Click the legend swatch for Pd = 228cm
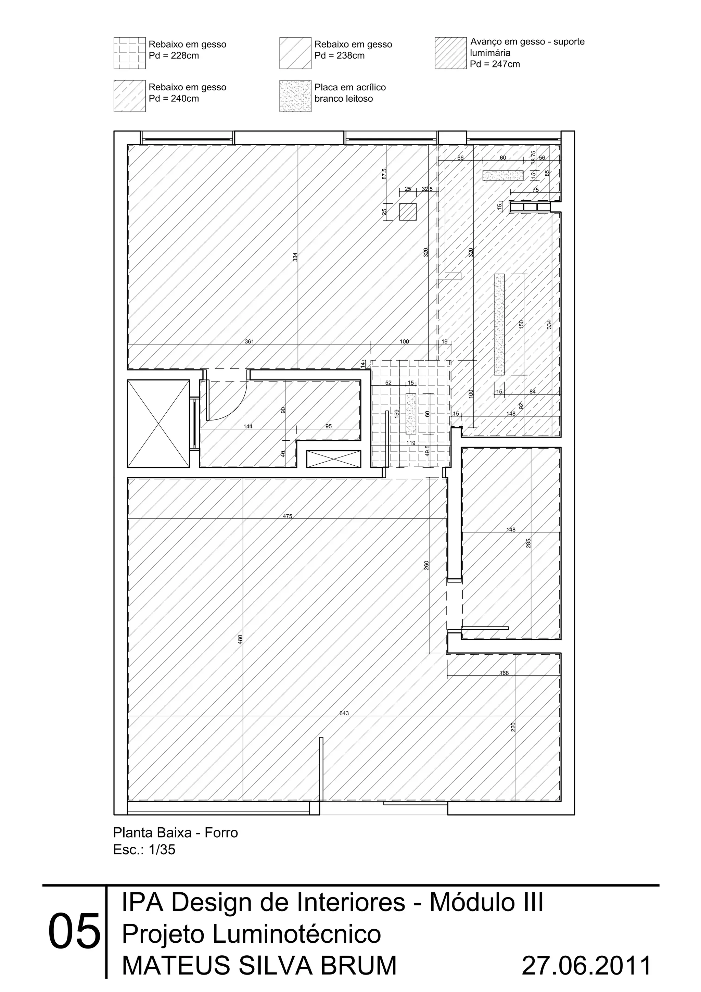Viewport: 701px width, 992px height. click(130, 53)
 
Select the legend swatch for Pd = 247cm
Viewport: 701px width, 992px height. click(450, 53)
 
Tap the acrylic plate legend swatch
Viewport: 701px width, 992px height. click(295, 96)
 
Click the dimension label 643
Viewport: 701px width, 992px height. click(344, 713)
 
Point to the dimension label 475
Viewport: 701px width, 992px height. click(288, 516)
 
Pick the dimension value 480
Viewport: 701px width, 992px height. click(241, 639)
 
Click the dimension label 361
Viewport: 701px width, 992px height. click(250, 342)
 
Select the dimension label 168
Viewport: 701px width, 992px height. click(504, 673)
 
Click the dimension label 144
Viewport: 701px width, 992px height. click(248, 426)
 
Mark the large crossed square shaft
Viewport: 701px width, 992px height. click(158, 424)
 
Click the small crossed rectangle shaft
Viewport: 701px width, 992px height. click(333, 459)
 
